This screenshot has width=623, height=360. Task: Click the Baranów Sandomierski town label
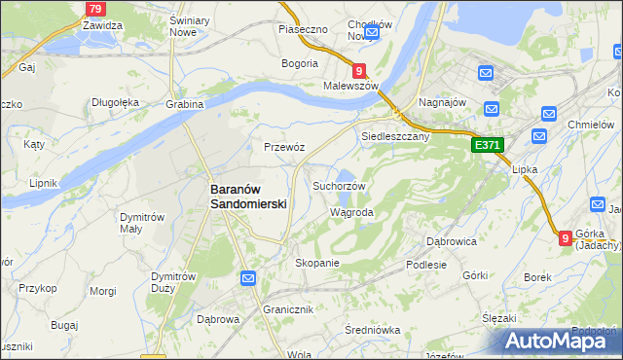pos(248,198)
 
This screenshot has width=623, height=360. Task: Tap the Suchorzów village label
pos(339,185)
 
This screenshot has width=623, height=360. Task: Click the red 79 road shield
pos(94,9)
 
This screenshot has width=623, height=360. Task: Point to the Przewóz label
pos(284,147)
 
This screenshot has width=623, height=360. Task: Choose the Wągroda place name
pos(351,211)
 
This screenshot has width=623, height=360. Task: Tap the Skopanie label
pos(316,263)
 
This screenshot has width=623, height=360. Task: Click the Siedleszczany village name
pos(396,136)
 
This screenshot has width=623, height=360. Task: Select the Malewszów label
pos(350,86)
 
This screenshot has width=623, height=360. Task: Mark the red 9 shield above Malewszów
pos(359,70)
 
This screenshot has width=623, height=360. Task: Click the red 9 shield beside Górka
pos(566,236)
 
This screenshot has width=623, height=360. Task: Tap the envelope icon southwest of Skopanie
pos(248,279)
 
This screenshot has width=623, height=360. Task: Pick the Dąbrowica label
pos(451,240)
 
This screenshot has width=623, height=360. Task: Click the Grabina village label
pos(184,104)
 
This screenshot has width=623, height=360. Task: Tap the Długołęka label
pos(117,101)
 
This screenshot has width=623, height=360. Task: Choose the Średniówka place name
pos(373,330)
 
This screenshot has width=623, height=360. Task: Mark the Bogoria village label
pos(300,63)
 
